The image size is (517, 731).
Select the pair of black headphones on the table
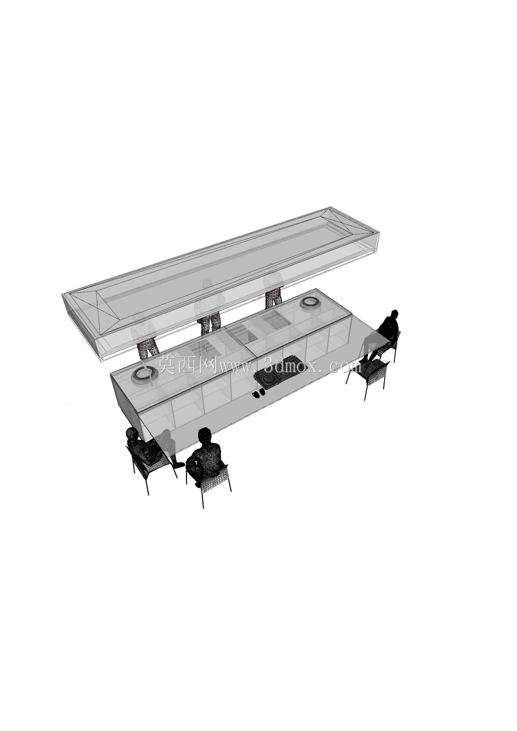pos(258,393)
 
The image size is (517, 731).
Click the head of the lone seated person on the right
pos(394,313)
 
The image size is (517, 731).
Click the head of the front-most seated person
pos(205,434)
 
